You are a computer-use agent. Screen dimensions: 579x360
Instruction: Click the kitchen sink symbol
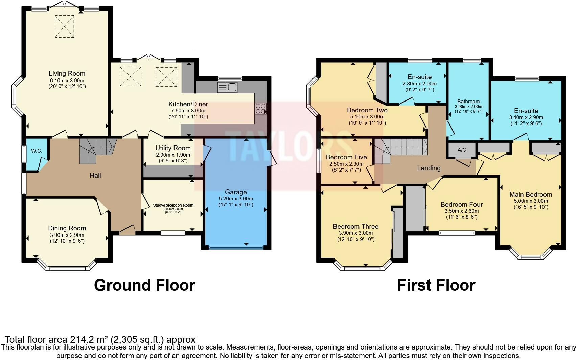tap(228, 87)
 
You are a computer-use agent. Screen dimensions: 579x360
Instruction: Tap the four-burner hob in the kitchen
tap(260, 109)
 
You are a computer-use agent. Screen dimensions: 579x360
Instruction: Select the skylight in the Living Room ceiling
tap(64, 26)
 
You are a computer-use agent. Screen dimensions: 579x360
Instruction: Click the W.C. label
tap(37, 151)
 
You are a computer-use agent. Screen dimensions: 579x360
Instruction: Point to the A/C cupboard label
tap(462, 150)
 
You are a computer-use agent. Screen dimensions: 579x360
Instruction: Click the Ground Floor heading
tap(144, 285)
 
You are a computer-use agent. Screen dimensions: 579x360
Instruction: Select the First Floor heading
tap(436, 285)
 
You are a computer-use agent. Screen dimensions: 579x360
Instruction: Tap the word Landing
tap(429, 168)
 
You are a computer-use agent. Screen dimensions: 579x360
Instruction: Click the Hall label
tap(95, 175)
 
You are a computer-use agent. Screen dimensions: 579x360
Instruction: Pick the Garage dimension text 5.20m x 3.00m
tap(236, 199)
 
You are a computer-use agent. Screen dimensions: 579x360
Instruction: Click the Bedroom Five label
tap(346, 157)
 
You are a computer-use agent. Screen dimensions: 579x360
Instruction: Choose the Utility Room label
tap(173, 148)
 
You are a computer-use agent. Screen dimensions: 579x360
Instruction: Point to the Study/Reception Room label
tap(173, 205)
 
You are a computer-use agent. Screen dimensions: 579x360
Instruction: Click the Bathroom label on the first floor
tap(468, 102)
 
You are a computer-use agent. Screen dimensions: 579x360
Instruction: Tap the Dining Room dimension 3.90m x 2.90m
tap(67, 235)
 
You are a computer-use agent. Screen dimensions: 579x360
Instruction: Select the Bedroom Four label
tap(462, 205)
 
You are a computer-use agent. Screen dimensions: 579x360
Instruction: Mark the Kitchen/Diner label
tap(188, 104)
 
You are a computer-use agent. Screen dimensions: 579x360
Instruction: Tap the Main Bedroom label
tap(531, 195)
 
